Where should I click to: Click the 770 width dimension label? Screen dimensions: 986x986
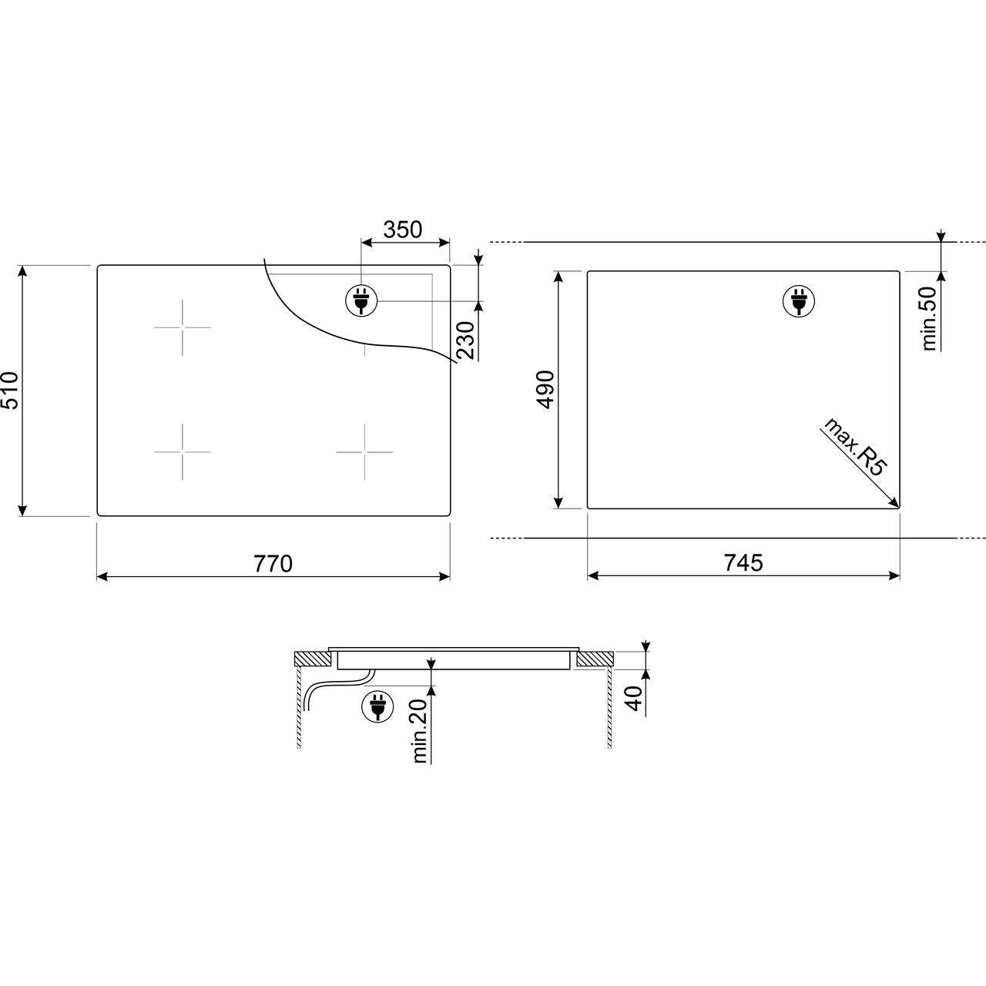tap(273, 564)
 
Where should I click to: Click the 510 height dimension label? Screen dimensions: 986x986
tap(11, 391)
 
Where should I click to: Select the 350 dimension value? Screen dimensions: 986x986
tap(403, 230)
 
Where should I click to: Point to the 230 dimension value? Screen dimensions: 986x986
tap(465, 340)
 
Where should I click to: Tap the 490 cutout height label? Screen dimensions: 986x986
tap(546, 390)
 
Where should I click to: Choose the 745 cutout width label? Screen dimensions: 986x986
tap(743, 563)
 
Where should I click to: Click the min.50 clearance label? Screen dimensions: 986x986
tap(929, 318)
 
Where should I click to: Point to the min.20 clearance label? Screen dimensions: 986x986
tap(420, 732)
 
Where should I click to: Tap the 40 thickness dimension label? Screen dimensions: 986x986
tap(635, 699)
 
